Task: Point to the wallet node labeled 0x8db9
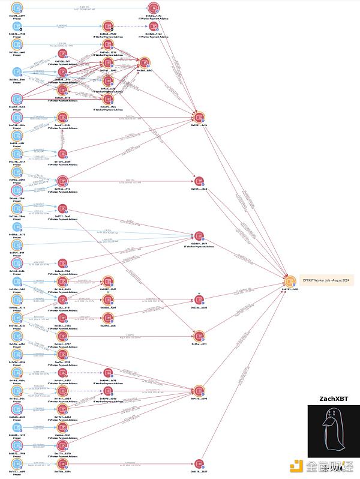point(199,235)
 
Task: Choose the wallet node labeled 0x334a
point(199,300)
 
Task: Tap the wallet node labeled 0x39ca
point(199,336)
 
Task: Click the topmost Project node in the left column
point(17,8)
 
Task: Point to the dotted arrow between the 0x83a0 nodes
point(131,26)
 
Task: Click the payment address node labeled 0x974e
point(62,181)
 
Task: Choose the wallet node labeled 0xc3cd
point(144,62)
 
